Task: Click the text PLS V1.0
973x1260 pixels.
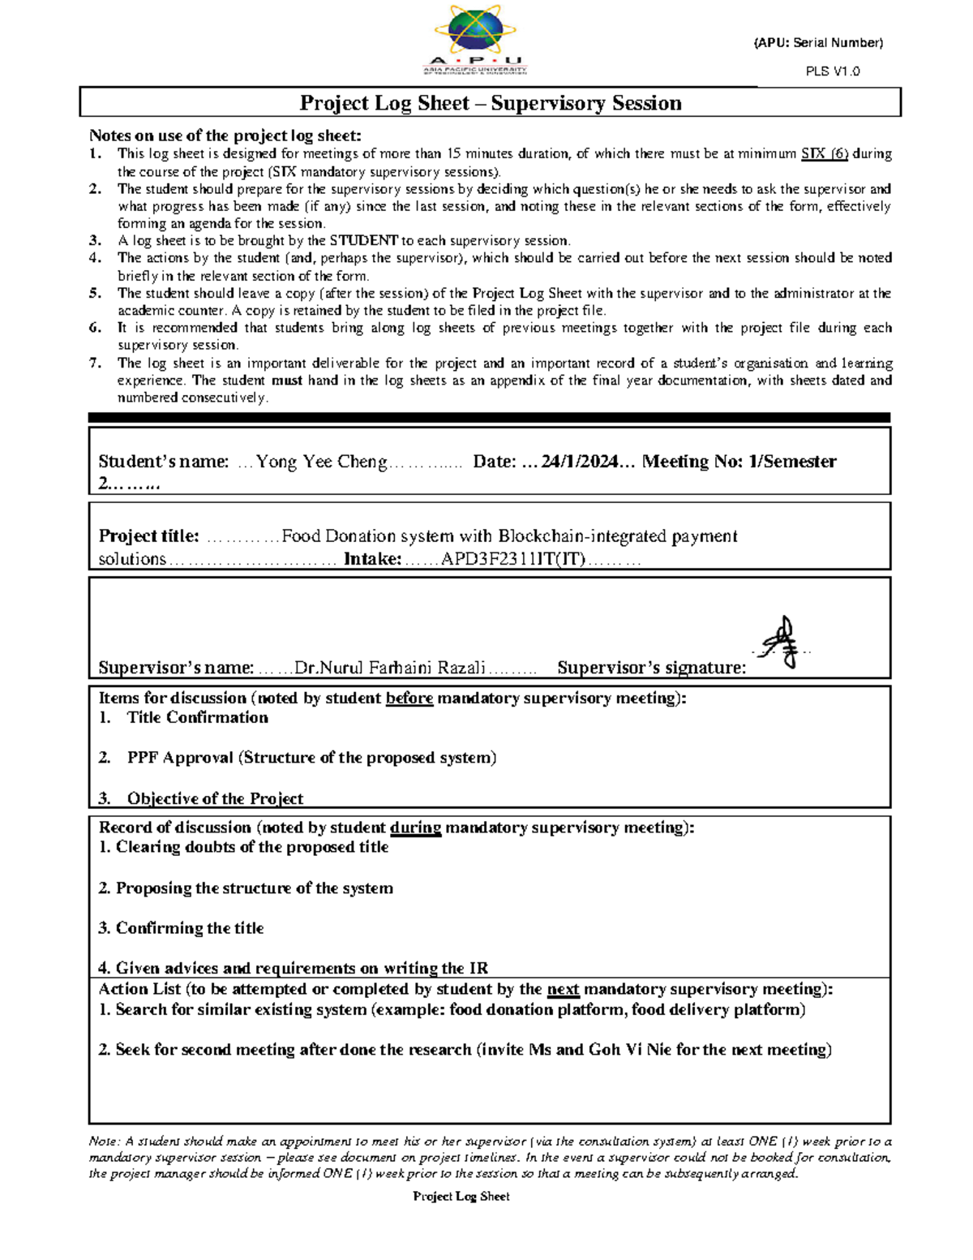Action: [x=833, y=71]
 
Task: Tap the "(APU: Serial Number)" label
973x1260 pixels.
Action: [x=818, y=43]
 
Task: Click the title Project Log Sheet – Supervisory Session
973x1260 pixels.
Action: [x=490, y=103]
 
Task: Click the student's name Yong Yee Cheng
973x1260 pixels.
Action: [x=322, y=462]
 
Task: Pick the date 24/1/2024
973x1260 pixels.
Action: [x=579, y=462]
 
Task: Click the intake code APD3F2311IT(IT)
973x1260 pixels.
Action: [x=512, y=559]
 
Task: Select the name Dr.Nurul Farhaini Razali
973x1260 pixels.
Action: [x=390, y=668]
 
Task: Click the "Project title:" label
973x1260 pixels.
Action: [x=148, y=536]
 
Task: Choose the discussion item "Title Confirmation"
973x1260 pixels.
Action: [x=197, y=717]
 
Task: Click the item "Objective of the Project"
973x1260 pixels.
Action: [x=215, y=798]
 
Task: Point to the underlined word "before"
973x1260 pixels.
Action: [x=409, y=698]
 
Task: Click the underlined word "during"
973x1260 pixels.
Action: [x=415, y=828]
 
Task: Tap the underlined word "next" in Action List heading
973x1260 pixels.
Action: [x=563, y=989]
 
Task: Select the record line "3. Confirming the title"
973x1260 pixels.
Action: [x=181, y=928]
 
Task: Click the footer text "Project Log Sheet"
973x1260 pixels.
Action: [x=461, y=1196]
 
